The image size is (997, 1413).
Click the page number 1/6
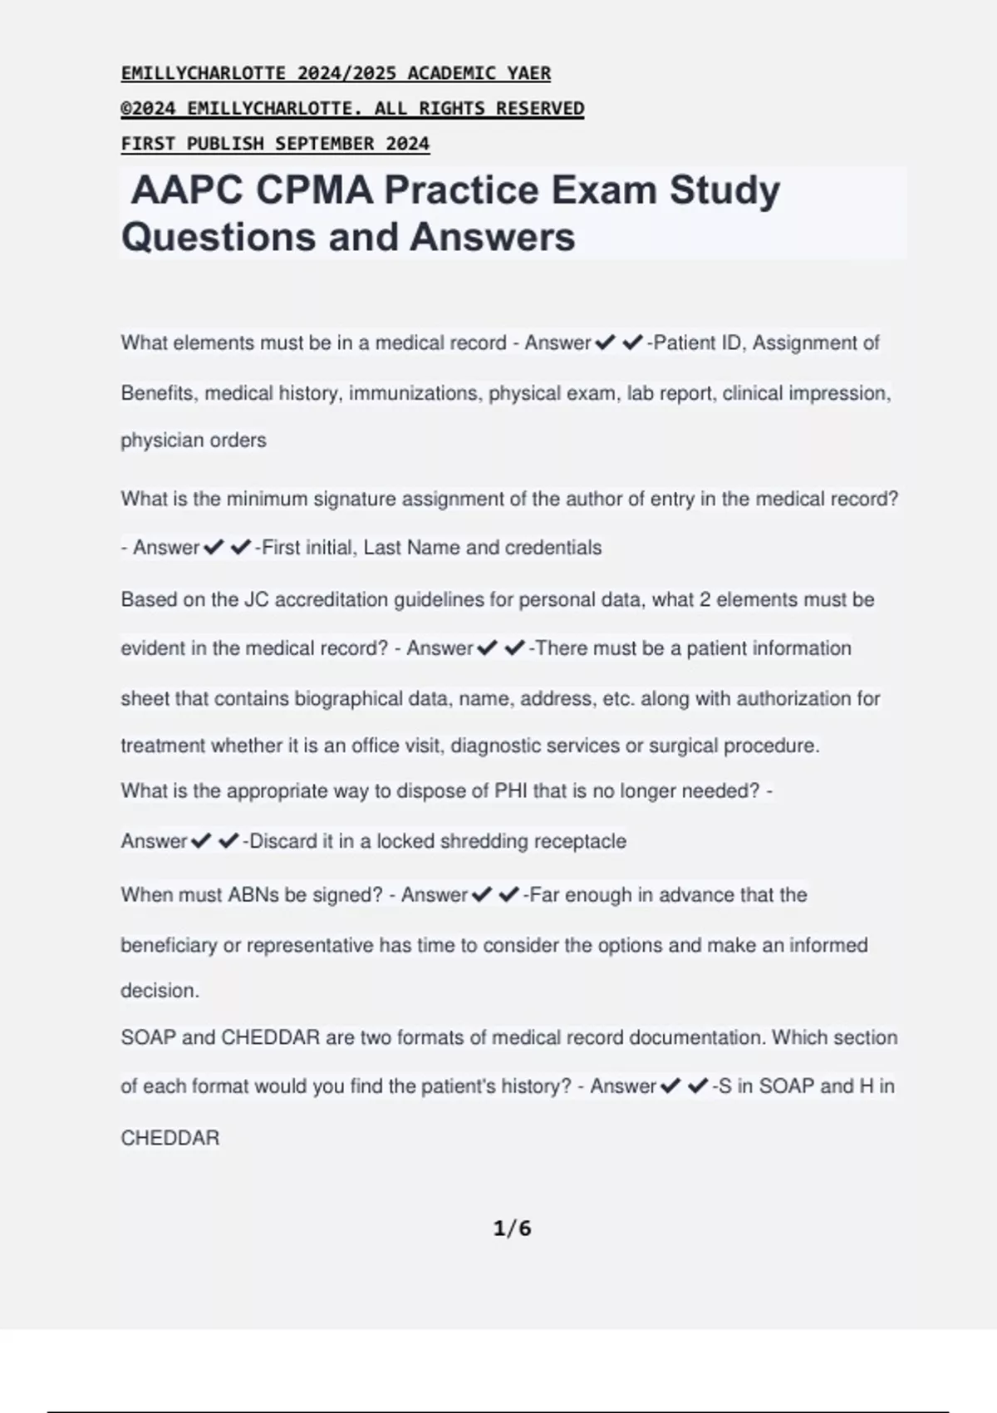(512, 1228)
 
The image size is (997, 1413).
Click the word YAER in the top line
(528, 73)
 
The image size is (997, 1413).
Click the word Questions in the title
(219, 237)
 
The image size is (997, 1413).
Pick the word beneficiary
(169, 945)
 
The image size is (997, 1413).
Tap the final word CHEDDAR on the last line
(170, 1138)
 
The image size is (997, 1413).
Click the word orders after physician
(239, 441)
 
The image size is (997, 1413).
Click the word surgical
(683, 746)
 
